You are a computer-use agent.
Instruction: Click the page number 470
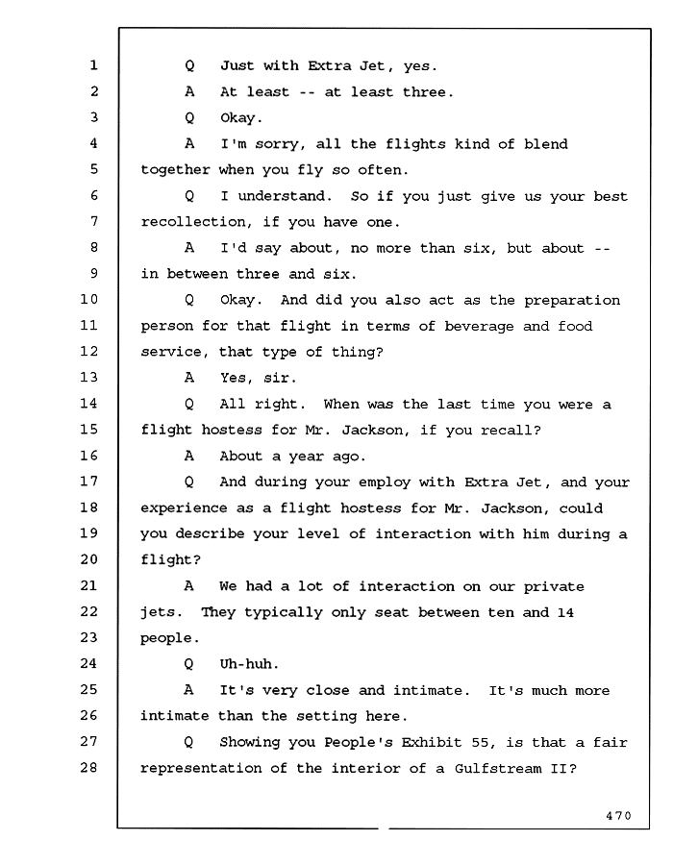[x=618, y=815]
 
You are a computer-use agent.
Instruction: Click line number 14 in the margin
[x=88, y=404]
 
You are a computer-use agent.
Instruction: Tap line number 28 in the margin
[x=88, y=767]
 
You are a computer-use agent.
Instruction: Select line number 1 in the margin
[x=94, y=65]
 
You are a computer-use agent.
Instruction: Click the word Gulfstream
[x=498, y=769]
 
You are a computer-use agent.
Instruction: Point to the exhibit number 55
[x=480, y=743]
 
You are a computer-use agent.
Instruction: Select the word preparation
[x=572, y=301]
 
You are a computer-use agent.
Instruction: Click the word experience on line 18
[x=184, y=508]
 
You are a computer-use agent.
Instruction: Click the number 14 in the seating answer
[x=565, y=612]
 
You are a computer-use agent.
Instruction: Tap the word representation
[x=201, y=769]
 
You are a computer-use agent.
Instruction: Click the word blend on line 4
[x=545, y=144]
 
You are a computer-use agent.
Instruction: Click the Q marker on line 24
[x=188, y=663]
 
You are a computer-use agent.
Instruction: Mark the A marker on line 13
[x=189, y=378]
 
